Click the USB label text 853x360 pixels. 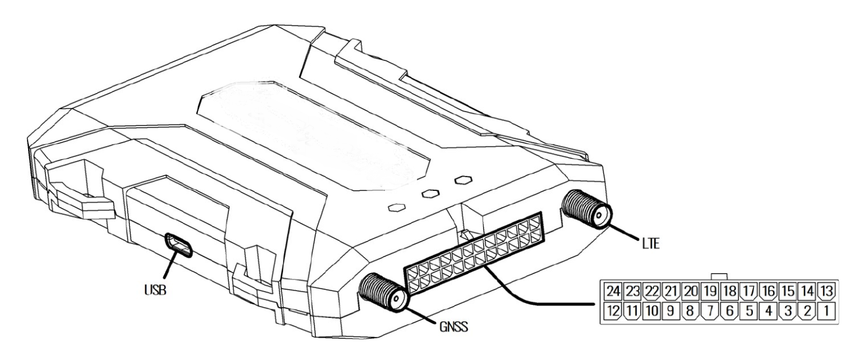[155, 290]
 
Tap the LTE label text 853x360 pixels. [651, 243]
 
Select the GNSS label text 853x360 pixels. [454, 327]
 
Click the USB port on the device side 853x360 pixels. [178, 246]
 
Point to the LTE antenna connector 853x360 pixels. [587, 209]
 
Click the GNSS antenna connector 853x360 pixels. [384, 293]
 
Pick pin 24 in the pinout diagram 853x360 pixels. [613, 292]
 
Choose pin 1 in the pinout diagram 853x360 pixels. [826, 311]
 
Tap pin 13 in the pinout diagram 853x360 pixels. [826, 292]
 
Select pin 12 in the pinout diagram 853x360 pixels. [613, 311]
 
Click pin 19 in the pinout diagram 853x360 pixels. [710, 292]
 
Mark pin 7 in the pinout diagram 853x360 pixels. [710, 311]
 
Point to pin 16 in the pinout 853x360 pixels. [768, 292]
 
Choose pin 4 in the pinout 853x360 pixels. [768, 311]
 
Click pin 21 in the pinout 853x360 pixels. [671, 292]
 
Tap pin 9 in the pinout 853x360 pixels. [671, 311]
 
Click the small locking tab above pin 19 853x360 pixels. [720, 277]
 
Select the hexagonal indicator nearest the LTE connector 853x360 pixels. [464, 179]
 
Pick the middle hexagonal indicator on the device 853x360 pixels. [430, 193]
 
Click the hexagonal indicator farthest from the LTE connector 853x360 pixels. [396, 208]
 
